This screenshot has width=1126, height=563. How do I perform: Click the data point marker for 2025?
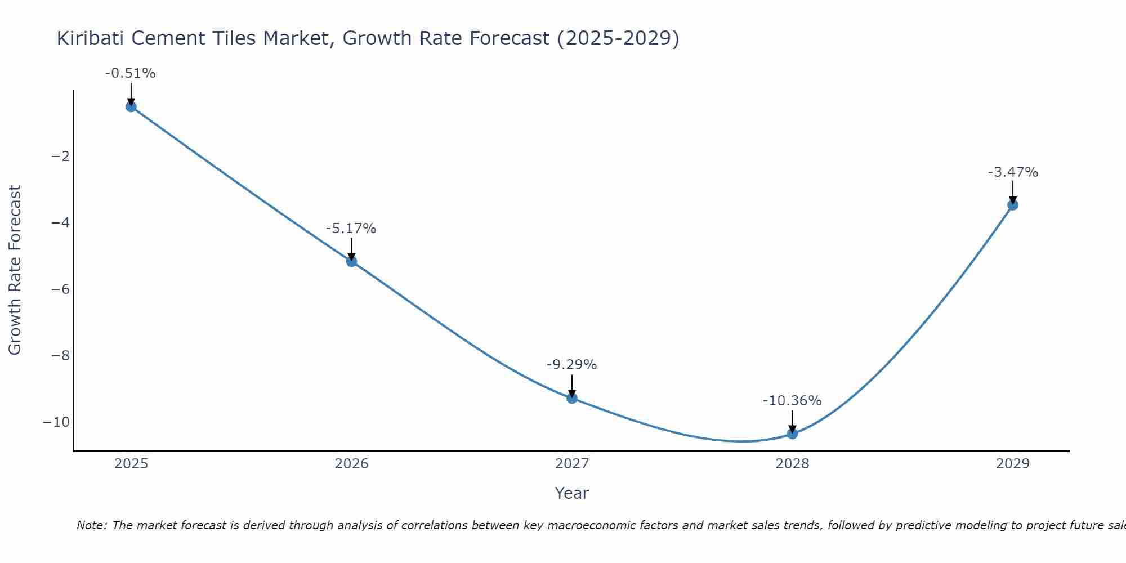click(131, 106)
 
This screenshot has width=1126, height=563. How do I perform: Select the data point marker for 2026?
click(351, 261)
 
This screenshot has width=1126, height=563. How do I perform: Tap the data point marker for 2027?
click(572, 398)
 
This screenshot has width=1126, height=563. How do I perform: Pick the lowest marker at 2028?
click(792, 434)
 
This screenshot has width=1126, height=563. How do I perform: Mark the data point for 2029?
click(1013, 205)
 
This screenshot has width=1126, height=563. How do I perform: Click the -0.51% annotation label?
click(130, 73)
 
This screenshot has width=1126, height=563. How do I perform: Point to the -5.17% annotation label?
click(351, 229)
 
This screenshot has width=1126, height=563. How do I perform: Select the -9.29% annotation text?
click(571, 365)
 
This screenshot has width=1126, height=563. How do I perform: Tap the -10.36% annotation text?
click(792, 401)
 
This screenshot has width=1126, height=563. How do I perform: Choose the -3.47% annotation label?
click(1013, 172)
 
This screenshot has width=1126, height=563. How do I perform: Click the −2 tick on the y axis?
click(60, 156)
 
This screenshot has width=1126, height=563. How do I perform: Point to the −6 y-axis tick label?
click(60, 289)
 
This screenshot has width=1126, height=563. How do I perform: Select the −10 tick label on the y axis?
click(56, 422)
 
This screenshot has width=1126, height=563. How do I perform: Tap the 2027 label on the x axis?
click(572, 464)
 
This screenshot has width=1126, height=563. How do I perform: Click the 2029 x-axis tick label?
click(1013, 464)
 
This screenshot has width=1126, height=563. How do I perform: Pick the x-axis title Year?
click(571, 493)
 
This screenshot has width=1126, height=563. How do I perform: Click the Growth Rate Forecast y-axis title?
click(15, 270)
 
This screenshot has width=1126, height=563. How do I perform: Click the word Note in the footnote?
click(90, 525)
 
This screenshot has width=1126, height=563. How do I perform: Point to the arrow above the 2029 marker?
click(1013, 192)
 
